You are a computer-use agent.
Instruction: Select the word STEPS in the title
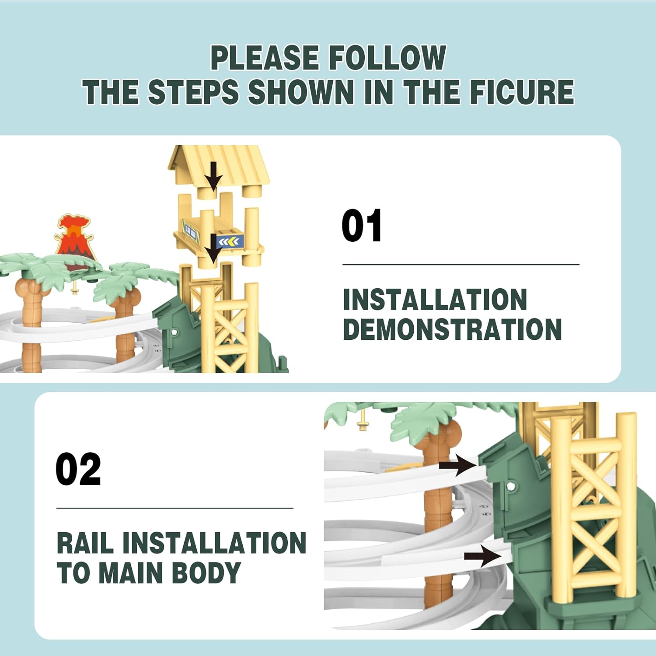click(193, 92)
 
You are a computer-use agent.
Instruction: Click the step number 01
click(362, 226)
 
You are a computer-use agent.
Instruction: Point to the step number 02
click(78, 469)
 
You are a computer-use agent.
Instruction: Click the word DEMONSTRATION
click(452, 329)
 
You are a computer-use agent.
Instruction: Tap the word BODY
click(206, 572)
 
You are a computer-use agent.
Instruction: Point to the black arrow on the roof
click(213, 176)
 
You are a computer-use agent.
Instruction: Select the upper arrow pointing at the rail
click(457, 465)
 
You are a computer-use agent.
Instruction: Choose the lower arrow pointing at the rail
click(483, 556)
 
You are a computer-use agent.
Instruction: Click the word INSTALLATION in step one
click(435, 300)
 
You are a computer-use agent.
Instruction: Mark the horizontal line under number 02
click(174, 508)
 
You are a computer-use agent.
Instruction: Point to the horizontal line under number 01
click(461, 265)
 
